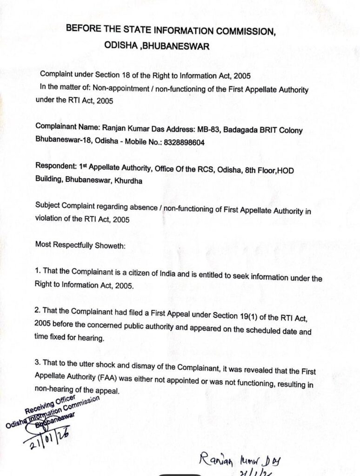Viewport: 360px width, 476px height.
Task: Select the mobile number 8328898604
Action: click(x=182, y=142)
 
